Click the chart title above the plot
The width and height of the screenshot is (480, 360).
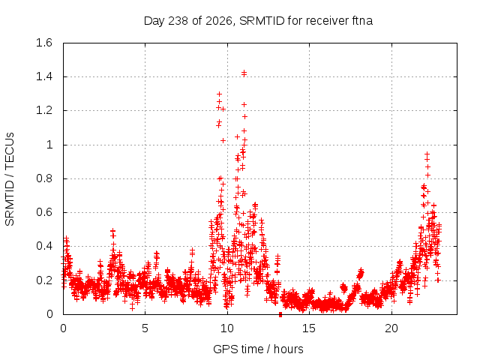tap(258, 21)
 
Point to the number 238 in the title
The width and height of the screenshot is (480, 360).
tap(178, 21)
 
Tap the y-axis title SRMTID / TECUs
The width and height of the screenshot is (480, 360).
tap(10, 179)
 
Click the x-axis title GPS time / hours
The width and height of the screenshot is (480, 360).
tap(258, 349)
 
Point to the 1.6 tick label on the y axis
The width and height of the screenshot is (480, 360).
tap(44, 43)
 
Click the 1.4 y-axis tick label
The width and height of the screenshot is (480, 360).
tap(44, 76)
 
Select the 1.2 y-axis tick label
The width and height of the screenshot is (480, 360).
tap(44, 110)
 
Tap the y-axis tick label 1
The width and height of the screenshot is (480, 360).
tap(49, 145)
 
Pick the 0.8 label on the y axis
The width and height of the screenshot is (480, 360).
tap(44, 178)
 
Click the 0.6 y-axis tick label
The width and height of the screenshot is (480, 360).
tap(44, 212)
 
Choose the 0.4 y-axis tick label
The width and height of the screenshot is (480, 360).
tap(44, 246)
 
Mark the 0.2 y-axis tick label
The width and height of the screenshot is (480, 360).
tap(44, 280)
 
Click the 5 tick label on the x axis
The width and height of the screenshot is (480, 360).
tap(145, 328)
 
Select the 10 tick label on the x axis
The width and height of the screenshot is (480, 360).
tap(227, 328)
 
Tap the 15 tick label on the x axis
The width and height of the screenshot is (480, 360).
tap(309, 328)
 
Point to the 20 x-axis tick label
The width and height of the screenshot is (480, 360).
tap(391, 328)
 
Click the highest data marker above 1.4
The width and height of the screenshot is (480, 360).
tap(244, 72)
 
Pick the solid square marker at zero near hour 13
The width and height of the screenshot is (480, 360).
tap(280, 315)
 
